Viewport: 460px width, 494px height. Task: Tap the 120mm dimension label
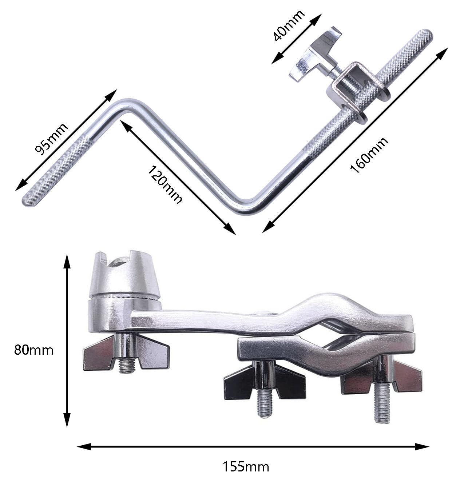point(165,184)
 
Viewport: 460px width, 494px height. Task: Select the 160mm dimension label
point(369,155)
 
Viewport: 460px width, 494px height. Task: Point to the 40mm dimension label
point(289,25)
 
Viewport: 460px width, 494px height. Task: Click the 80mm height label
point(33,350)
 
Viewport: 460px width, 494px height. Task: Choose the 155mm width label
point(246,466)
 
